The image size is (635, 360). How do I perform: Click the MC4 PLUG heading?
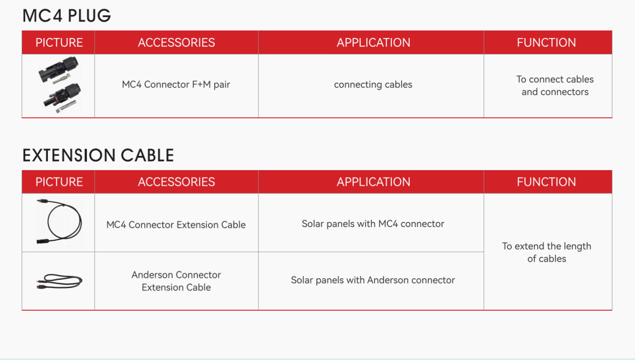pyautogui.click(x=67, y=16)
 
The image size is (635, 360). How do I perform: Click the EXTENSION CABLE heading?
pyautogui.click(x=98, y=155)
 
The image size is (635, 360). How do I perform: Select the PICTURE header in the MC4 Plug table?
pyautogui.click(x=59, y=42)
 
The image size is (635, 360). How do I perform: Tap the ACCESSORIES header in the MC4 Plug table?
pyautogui.click(x=176, y=42)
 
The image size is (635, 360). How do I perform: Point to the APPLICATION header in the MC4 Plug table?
pyautogui.click(x=374, y=42)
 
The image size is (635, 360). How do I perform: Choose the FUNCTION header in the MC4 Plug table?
pyautogui.click(x=546, y=42)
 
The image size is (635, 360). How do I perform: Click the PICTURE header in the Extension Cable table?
pyautogui.click(x=59, y=182)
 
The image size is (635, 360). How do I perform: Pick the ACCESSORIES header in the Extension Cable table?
pyautogui.click(x=176, y=182)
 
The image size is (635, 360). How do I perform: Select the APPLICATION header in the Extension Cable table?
pyautogui.click(x=374, y=182)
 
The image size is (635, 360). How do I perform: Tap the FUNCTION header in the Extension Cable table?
pyautogui.click(x=546, y=182)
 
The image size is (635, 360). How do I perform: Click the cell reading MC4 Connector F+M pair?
pyautogui.click(x=176, y=84)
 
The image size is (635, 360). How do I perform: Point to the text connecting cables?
pyautogui.click(x=373, y=84)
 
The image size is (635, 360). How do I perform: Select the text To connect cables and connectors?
pyautogui.click(x=555, y=85)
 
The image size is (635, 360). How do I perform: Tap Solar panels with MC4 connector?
pyautogui.click(x=373, y=224)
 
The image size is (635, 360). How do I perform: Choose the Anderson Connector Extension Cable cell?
pyautogui.click(x=176, y=281)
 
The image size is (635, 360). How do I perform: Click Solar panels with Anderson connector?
pyautogui.click(x=373, y=280)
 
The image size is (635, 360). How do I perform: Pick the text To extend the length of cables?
pyautogui.click(x=547, y=252)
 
